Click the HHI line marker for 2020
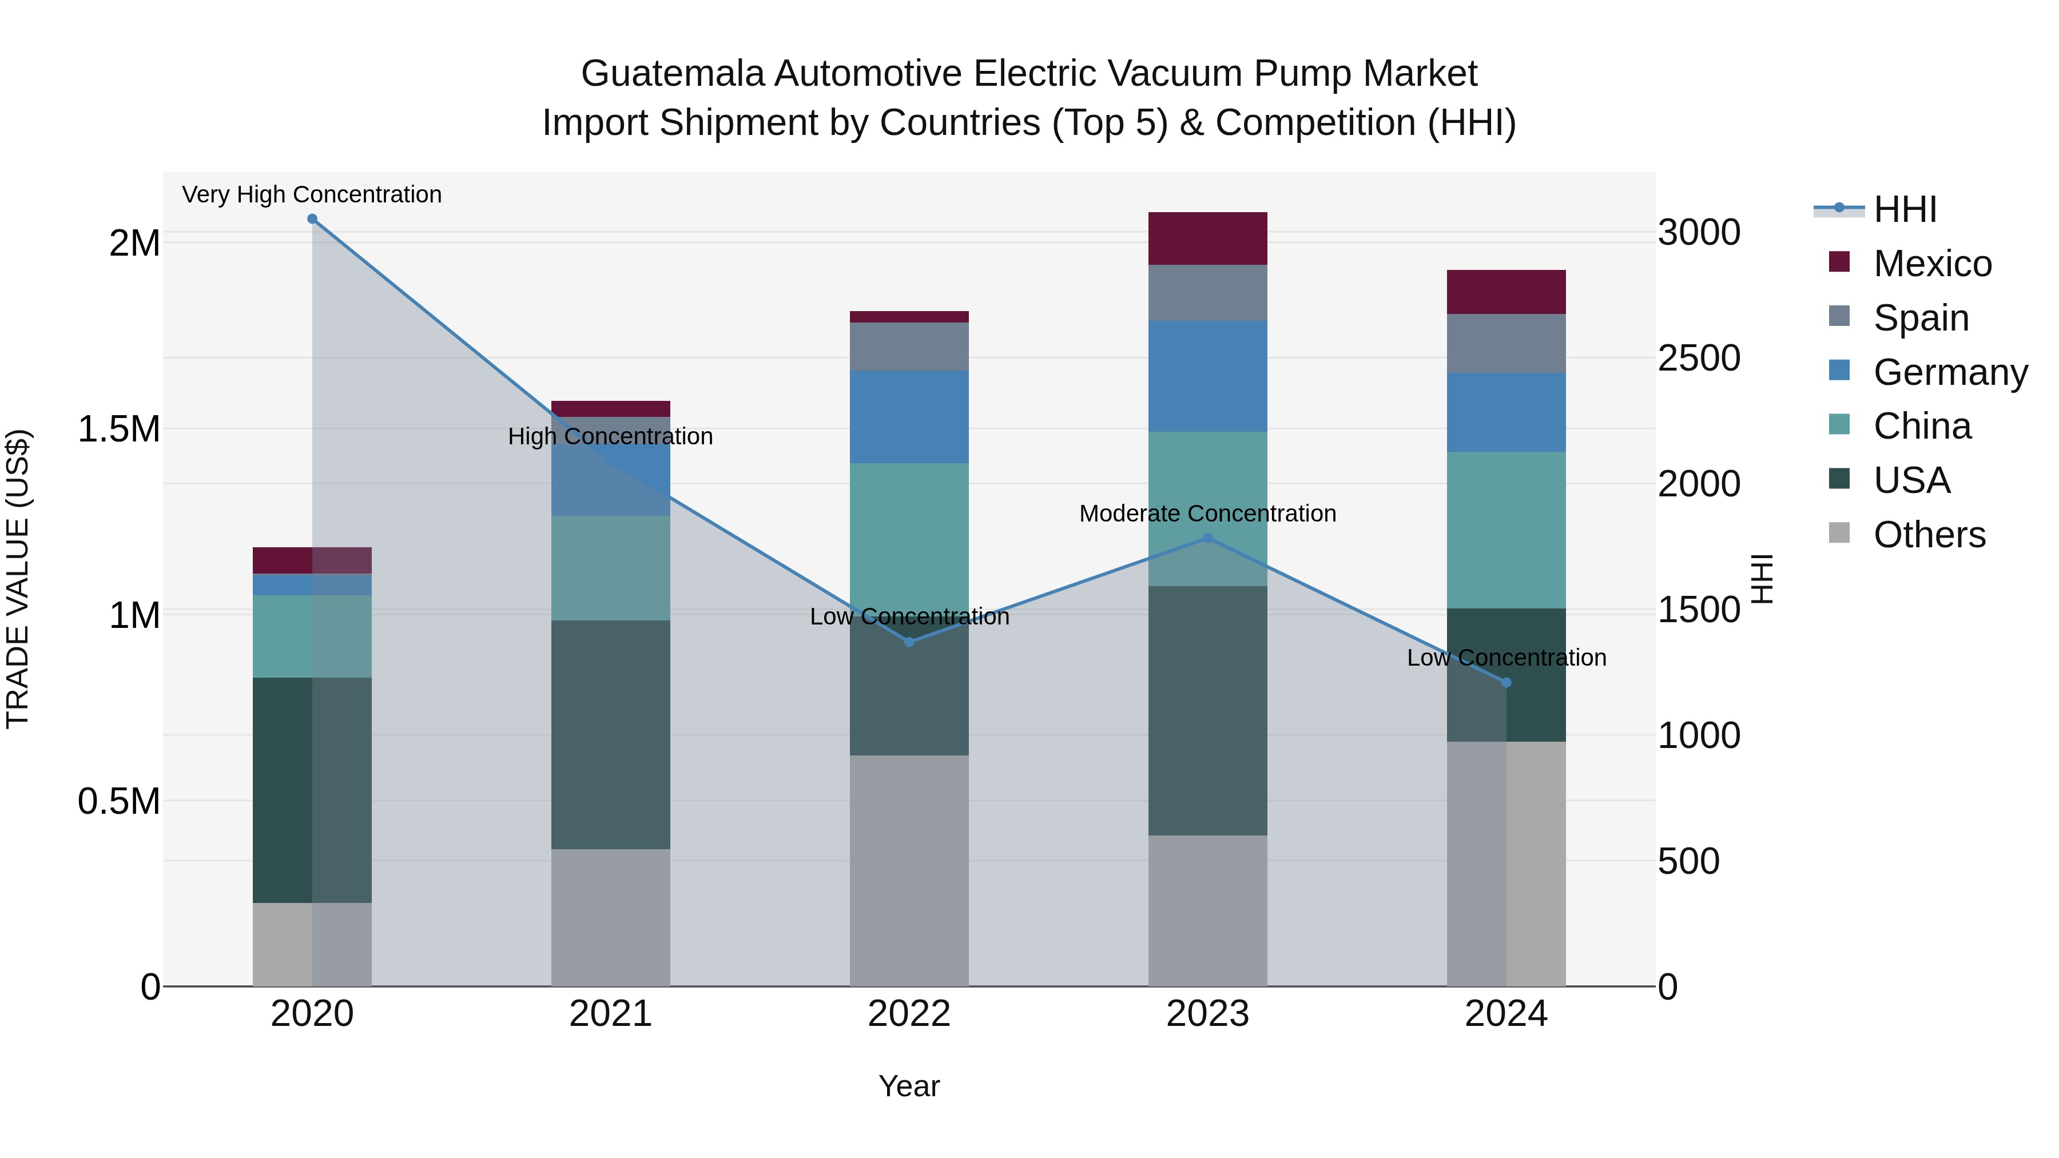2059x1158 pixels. (312, 219)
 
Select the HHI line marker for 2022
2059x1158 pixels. (909, 642)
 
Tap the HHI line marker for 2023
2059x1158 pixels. (1208, 539)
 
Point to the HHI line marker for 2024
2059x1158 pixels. (1507, 682)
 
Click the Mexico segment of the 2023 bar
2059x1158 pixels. (1208, 238)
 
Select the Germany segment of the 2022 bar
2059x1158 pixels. (909, 416)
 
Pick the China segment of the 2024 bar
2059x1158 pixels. (1507, 530)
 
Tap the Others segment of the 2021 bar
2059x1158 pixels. (611, 917)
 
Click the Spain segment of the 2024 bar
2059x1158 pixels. (1507, 343)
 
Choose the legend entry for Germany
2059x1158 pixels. (1950, 372)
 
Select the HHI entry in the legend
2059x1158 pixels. (1905, 209)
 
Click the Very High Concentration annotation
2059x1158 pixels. (312, 194)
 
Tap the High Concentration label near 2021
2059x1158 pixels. (611, 436)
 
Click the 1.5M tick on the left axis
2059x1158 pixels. (119, 429)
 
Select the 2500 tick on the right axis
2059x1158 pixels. (1699, 358)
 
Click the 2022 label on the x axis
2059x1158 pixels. (909, 1014)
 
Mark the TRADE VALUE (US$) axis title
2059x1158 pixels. (18, 579)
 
